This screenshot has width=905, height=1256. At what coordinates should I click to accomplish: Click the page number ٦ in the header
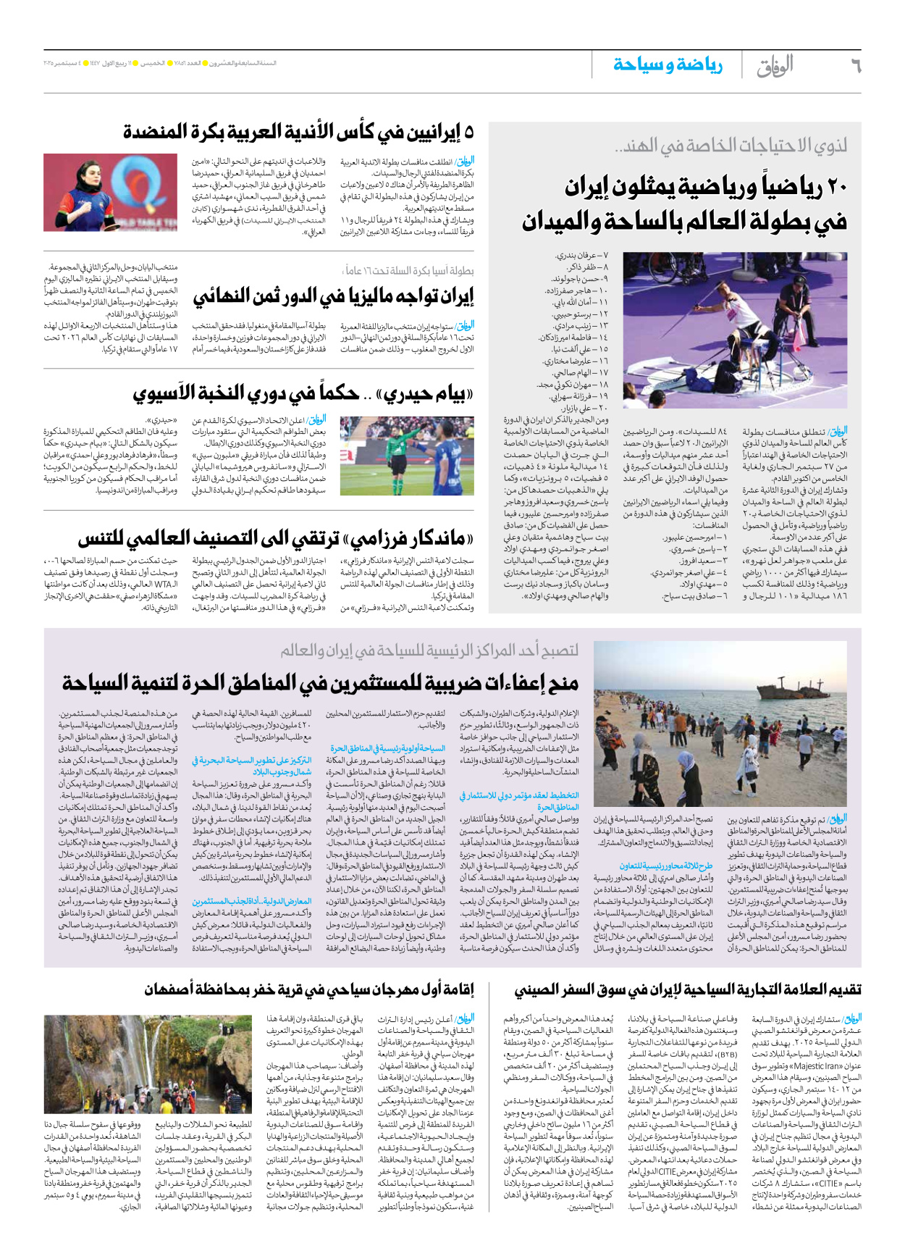pyautogui.click(x=855, y=66)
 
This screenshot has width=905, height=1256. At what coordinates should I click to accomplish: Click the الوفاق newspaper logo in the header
pyautogui.click(x=775, y=66)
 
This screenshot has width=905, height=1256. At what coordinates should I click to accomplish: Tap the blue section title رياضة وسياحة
pyautogui.click(x=668, y=65)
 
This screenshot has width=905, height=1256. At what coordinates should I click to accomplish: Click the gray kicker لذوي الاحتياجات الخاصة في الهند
pyautogui.click(x=731, y=146)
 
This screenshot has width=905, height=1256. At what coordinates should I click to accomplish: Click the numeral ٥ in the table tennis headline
pyautogui.click(x=468, y=132)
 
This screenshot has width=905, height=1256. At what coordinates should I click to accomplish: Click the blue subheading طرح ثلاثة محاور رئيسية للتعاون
pyautogui.click(x=666, y=866)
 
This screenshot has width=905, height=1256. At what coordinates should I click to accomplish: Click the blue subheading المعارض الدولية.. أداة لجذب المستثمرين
pyautogui.click(x=251, y=901)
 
